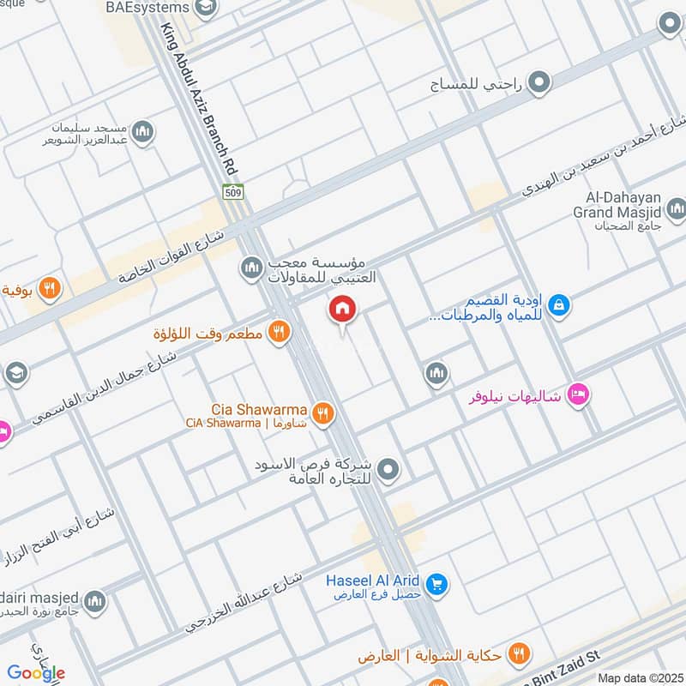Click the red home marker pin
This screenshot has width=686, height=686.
pos(342,310)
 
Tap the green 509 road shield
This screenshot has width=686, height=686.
pos(232,192)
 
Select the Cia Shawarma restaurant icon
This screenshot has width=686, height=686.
pos(323,413)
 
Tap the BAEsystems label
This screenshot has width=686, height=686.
pos(147,8)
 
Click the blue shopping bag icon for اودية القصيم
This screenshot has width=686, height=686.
pos(558,304)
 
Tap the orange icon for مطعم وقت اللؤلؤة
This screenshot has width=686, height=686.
pos(278,331)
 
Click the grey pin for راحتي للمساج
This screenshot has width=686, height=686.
pos(539,83)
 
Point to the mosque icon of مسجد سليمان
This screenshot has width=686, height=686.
pos(143,131)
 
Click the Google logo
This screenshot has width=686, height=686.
pos(36,672)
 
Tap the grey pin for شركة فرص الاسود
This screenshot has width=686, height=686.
pos(388,469)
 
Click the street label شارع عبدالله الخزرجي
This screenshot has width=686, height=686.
pos(244,603)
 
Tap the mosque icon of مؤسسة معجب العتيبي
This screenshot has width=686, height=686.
pos(251,270)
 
